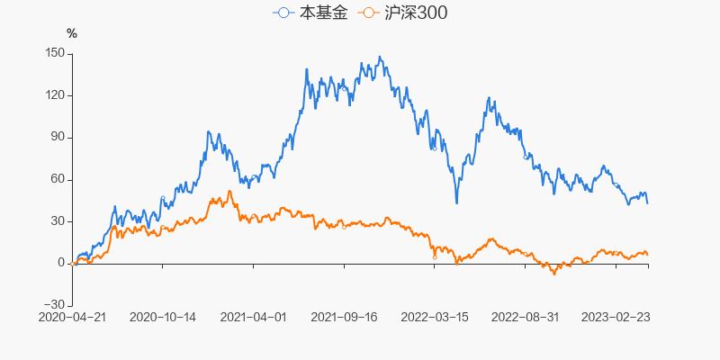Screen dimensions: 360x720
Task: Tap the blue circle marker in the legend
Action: click(x=284, y=13)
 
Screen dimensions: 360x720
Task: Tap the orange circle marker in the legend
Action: click(x=368, y=13)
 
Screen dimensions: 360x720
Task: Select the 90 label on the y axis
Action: click(x=56, y=137)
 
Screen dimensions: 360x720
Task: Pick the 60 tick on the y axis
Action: click(x=56, y=179)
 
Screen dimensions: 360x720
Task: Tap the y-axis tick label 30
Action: click(x=56, y=221)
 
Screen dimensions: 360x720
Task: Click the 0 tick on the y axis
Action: click(x=59, y=263)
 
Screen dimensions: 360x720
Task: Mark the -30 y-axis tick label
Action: click(x=54, y=305)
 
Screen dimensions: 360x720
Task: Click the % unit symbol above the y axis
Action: click(x=72, y=34)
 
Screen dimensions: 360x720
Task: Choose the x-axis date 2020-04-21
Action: click(x=72, y=317)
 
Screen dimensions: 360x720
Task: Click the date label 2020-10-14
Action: click(x=163, y=317)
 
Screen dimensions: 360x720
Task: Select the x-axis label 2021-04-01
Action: click(x=253, y=317)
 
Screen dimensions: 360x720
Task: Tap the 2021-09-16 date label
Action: click(x=344, y=317)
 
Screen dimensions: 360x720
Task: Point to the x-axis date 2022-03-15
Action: click(x=435, y=317)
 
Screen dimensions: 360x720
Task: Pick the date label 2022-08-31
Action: click(x=526, y=317)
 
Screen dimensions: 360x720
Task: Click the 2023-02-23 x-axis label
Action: click(x=616, y=317)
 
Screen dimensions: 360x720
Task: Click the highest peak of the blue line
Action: click(x=380, y=58)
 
